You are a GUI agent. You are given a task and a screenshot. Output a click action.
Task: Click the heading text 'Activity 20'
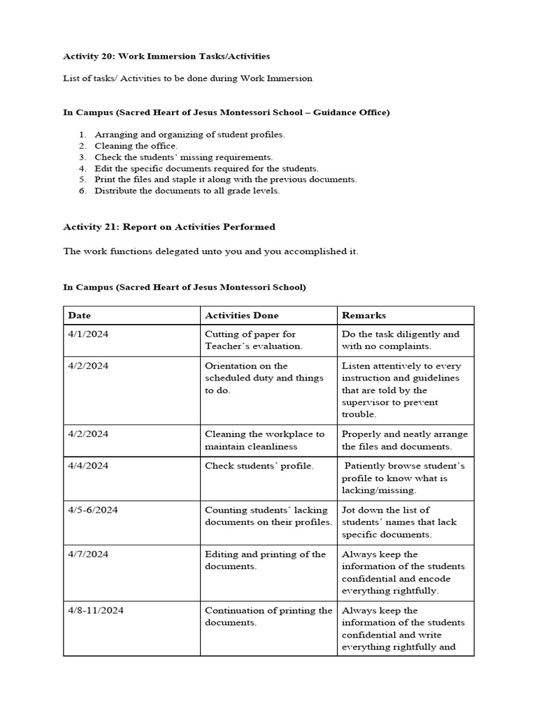(x=89, y=56)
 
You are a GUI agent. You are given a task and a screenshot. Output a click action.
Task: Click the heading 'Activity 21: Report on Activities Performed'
(x=169, y=226)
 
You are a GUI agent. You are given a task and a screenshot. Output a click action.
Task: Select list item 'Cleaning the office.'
(x=136, y=146)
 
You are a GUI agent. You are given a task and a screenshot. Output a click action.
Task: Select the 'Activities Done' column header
(x=241, y=316)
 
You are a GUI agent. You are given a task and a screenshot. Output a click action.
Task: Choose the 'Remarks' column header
(x=364, y=316)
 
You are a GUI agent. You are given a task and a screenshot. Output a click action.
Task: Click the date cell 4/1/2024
(x=88, y=334)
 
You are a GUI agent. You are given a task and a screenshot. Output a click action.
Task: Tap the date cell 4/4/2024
(x=88, y=466)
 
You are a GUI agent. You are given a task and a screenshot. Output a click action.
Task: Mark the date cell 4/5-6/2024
(x=93, y=510)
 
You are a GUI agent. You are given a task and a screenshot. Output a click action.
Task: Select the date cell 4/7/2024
(x=88, y=554)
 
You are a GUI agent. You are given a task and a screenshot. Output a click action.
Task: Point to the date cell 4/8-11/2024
(x=96, y=610)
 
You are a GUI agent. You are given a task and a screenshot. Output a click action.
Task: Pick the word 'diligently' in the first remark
(x=418, y=334)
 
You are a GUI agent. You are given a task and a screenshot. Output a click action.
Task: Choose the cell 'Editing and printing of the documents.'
(x=265, y=560)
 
